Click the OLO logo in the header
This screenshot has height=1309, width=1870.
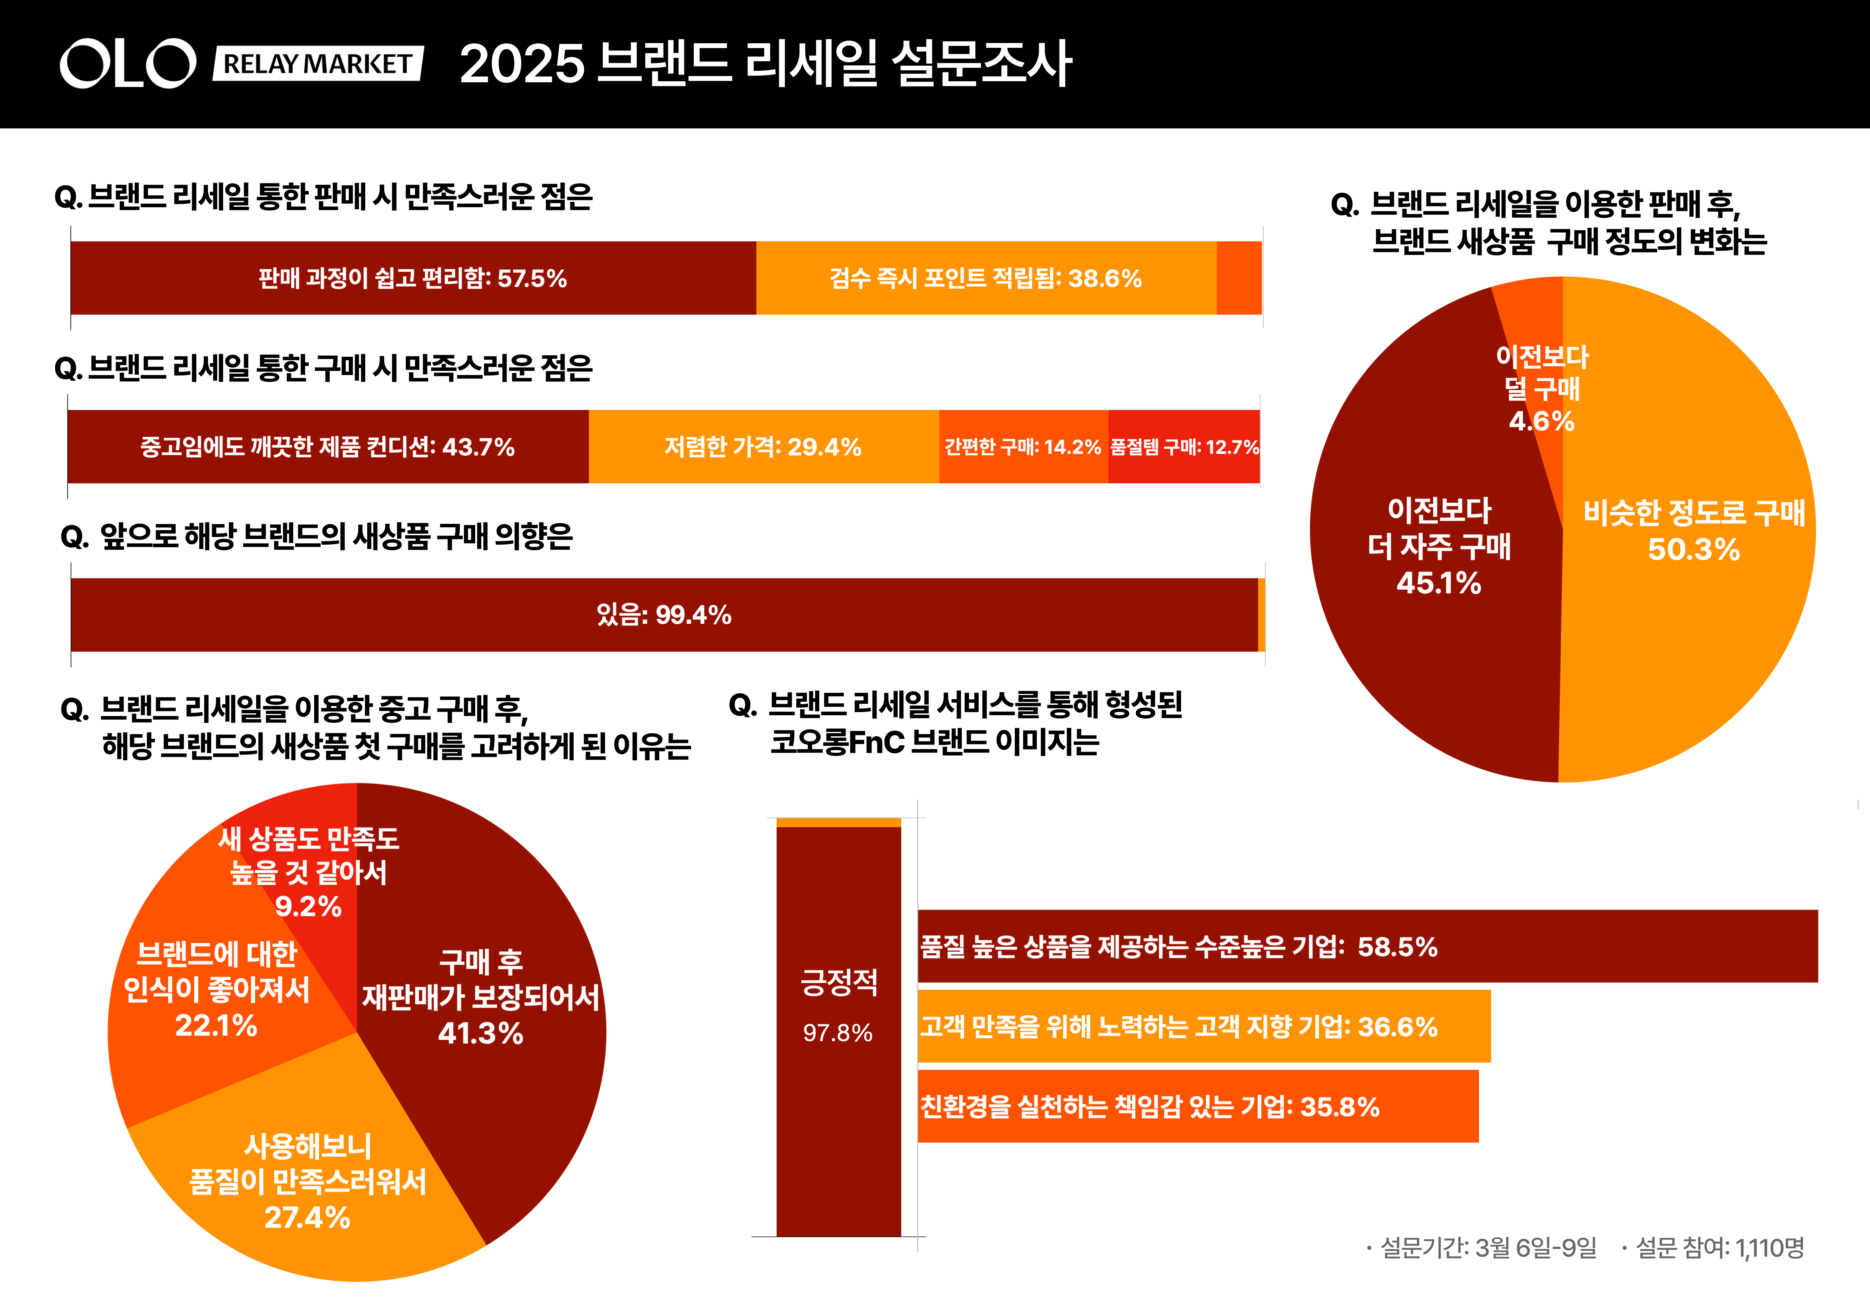pos(128,64)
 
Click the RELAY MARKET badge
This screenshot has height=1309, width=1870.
pos(318,64)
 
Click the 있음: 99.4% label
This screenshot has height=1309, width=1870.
pos(664,615)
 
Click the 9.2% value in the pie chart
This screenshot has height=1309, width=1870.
pos(308,906)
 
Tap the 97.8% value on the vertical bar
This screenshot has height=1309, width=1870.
pos(838,1033)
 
